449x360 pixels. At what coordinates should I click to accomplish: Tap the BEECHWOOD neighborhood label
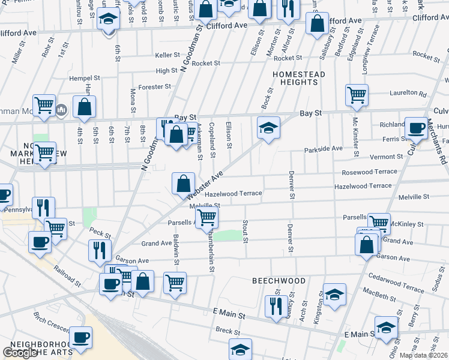pos(279,281)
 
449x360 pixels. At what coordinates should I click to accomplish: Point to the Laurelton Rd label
pos(408,94)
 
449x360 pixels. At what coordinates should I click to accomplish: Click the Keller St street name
pos(167,55)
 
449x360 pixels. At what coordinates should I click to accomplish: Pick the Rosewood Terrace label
pos(369,172)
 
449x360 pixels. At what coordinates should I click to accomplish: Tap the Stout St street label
pos(246,232)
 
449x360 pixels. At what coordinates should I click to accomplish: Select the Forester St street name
pos(155,87)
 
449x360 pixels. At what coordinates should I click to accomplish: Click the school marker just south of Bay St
pos(269,128)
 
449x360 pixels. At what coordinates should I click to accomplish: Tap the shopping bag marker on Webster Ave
pos(183,184)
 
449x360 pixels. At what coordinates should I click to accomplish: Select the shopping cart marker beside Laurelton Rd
pos(357,95)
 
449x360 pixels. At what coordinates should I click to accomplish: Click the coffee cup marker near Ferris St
pos(415,128)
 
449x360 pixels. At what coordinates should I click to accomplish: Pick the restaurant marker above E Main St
pos(276,305)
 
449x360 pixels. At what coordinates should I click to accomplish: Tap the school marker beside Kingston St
pos(335,294)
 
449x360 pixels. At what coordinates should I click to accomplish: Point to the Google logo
pos(20,353)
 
